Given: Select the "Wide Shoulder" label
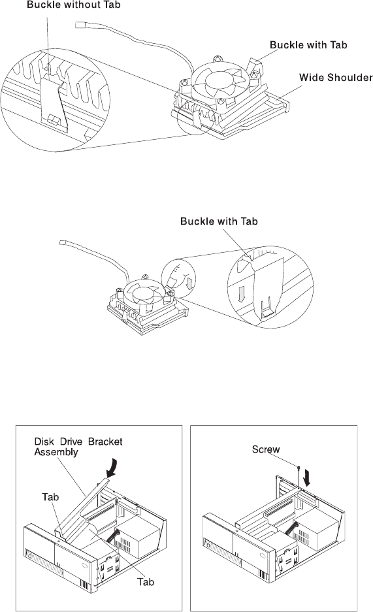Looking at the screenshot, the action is (x=336, y=77).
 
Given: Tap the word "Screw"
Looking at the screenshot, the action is (x=266, y=449).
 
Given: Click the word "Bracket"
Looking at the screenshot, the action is (x=105, y=442).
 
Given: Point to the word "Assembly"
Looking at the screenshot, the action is (x=56, y=453).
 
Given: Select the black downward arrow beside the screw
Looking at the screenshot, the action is (x=307, y=477).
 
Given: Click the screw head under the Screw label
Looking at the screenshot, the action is (x=298, y=467).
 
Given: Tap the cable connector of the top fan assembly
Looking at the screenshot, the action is (x=80, y=25).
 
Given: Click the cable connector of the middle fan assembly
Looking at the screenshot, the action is (x=63, y=243).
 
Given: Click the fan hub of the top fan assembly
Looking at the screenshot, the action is (x=219, y=81).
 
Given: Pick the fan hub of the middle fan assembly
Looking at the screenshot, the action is (x=143, y=295).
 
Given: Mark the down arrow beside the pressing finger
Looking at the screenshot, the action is (x=189, y=283).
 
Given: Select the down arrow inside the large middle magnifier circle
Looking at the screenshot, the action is (x=242, y=295).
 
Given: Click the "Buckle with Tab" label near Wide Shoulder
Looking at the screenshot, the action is (x=308, y=45).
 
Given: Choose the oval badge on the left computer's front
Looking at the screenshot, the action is (x=84, y=566).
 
